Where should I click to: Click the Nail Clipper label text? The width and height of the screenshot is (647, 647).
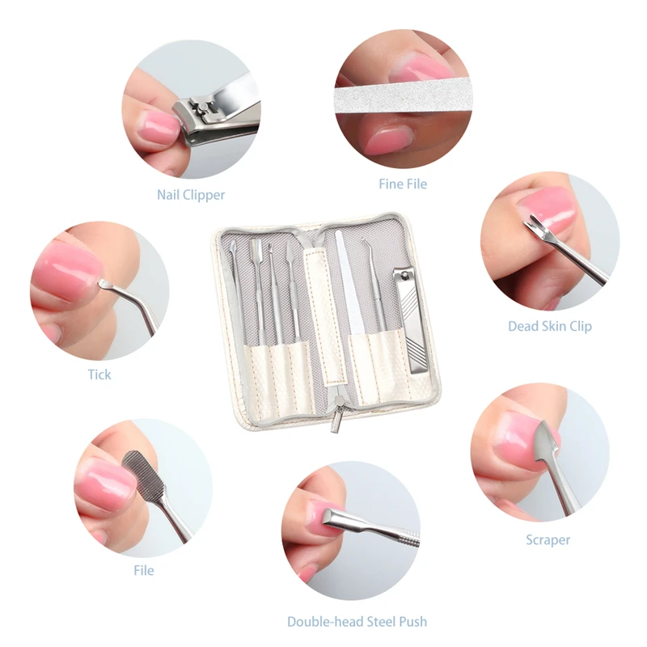pos(191,195)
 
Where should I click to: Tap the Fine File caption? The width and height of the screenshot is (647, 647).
pos(403,184)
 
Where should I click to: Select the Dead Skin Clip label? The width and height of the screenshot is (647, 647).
pos(549,326)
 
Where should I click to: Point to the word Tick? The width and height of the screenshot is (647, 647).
pos(99,374)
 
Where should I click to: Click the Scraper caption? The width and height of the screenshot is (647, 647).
pos(548,539)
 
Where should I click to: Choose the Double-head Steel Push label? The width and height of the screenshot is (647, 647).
pos(357,622)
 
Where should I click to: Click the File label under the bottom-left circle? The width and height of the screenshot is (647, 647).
pos(143,570)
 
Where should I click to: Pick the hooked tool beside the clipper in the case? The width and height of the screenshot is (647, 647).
pos(374,291)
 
